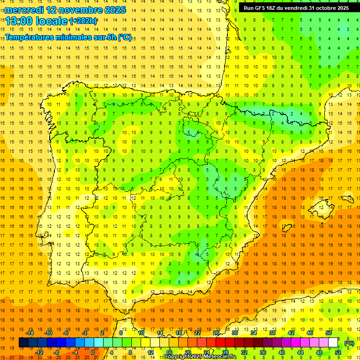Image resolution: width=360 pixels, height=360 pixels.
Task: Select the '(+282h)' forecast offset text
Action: pyautogui.click(x=83, y=21)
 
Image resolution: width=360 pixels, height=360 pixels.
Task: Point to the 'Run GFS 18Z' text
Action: pyautogui.click(x=259, y=8)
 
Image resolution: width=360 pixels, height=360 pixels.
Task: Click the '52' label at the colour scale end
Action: pyautogui.click(x=337, y=352)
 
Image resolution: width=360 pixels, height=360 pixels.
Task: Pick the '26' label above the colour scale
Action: pyautogui.click(x=216, y=333)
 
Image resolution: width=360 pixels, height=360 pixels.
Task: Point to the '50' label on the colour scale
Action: pyautogui.click(x=329, y=333)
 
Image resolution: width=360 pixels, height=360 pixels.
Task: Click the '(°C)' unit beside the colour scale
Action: pyautogui.click(x=349, y=343)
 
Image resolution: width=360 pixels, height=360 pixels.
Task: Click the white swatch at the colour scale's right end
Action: pyautogui.click(x=333, y=343)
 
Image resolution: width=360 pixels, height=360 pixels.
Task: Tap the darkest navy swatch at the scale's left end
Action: pyautogui.click(x=23, y=343)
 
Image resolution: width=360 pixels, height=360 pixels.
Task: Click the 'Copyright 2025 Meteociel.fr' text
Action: pyautogui.click(x=200, y=357)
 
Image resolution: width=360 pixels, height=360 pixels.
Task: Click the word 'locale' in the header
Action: pyautogui.click(x=51, y=21)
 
